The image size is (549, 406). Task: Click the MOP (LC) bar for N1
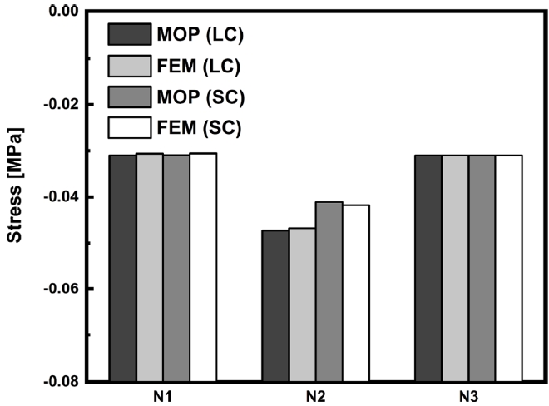point(122,267)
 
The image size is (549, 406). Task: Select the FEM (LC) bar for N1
point(149,267)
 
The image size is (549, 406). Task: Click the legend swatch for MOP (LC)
point(127,34)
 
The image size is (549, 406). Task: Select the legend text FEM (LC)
point(199,66)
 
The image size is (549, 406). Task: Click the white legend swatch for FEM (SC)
point(127,128)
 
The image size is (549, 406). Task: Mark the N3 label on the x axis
point(468,395)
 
